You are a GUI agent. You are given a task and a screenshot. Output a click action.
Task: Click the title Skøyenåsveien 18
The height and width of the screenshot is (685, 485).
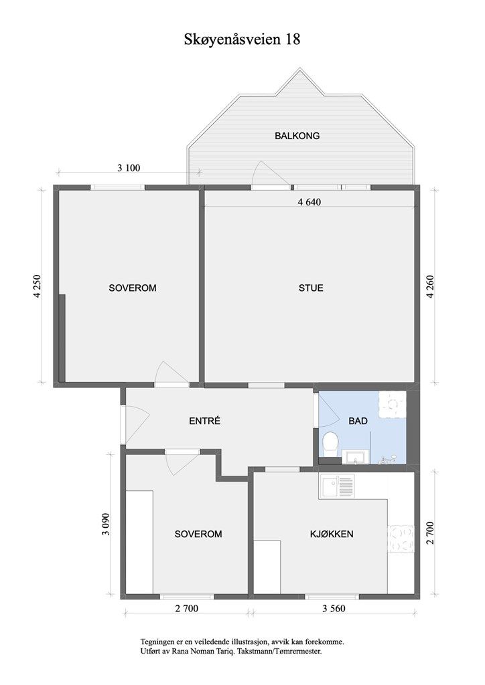click(x=242, y=40)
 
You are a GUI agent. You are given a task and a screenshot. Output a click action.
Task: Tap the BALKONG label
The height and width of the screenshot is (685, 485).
click(x=297, y=136)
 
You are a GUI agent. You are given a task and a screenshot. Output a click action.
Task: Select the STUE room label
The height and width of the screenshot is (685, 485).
click(x=311, y=288)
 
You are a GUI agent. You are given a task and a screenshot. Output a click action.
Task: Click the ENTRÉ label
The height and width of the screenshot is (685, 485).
click(x=205, y=421)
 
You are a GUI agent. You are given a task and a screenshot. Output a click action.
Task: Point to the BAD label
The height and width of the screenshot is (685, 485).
click(x=358, y=421)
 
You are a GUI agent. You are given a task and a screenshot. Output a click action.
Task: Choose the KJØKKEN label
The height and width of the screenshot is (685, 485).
click(x=332, y=534)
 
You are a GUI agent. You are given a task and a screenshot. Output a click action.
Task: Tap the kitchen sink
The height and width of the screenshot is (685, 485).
click(x=337, y=487)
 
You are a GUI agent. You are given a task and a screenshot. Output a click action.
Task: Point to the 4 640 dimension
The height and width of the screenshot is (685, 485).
click(x=309, y=202)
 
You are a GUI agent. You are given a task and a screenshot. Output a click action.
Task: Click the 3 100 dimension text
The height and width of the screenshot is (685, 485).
click(x=129, y=168)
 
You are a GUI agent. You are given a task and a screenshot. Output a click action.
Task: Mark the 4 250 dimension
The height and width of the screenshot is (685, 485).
click(x=38, y=286)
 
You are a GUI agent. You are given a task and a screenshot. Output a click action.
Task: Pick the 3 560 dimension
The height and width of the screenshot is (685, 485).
click(x=333, y=608)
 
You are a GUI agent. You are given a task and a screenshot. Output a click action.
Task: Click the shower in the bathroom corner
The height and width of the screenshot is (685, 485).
click(x=393, y=404)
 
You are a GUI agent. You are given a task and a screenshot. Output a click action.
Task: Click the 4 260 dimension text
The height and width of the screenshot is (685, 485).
click(x=431, y=286)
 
